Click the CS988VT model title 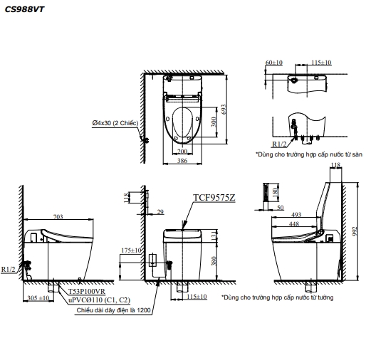pyautogui.click(x=25, y=9)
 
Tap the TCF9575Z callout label pyautogui.click(x=214, y=197)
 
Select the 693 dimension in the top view pyautogui.click(x=224, y=110)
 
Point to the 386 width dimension pyautogui.click(x=182, y=161)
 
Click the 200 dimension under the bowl pyautogui.click(x=182, y=151)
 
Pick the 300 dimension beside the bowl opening pyautogui.click(x=214, y=122)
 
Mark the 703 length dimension pyautogui.click(x=58, y=216)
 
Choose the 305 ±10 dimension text pyautogui.click(x=38, y=297)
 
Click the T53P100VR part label pyautogui.click(x=87, y=291)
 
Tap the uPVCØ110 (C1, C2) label pyautogui.click(x=100, y=300)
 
